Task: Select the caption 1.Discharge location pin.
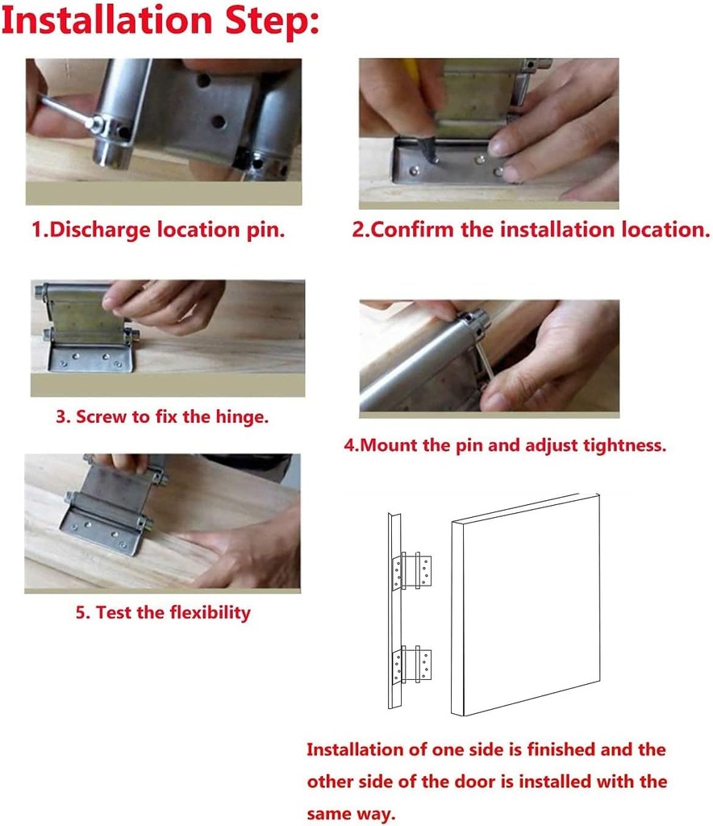(158, 230)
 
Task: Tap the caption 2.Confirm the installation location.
(531, 230)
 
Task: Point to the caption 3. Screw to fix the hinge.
(162, 417)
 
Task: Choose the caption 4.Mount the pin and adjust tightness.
(505, 445)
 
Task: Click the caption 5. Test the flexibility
(163, 612)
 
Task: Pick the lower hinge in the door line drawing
(412, 665)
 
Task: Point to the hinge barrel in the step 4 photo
(419, 363)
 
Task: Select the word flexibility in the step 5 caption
(210, 612)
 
